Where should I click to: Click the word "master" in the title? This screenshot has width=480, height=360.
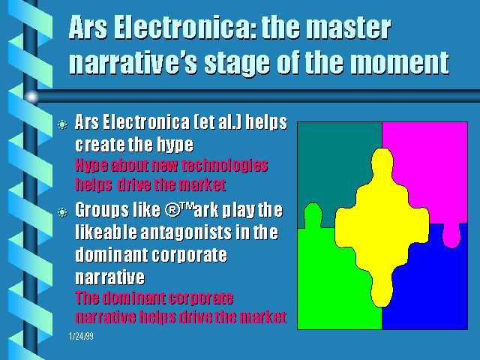coord(348,28)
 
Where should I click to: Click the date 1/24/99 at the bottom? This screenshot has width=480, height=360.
coord(81,337)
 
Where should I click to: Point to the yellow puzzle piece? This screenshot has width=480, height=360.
coord(382,226)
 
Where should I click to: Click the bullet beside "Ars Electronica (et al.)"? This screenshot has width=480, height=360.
coord(62,124)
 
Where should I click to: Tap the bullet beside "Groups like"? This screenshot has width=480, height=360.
coord(62,211)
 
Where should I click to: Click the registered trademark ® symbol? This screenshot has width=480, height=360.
coord(172,210)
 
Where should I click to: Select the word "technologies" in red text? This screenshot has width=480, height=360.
coord(225,166)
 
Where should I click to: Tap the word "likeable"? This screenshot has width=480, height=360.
coord(106,232)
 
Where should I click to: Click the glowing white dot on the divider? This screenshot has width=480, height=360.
coord(31,97)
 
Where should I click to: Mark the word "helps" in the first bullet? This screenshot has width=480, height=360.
coord(266,123)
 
